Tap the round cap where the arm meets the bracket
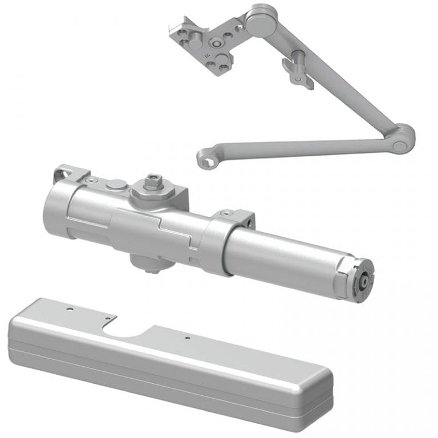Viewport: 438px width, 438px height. (x=258, y=22)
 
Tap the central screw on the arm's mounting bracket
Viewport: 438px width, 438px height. (x=217, y=43)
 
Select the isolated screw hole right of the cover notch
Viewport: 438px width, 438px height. (x=187, y=338)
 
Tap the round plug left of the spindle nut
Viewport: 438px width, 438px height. (x=116, y=184)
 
